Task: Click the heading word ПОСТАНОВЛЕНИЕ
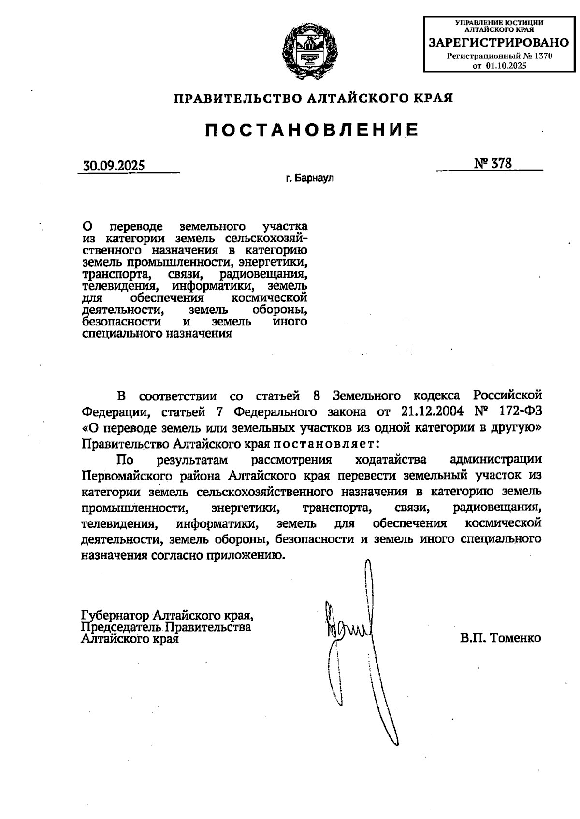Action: pyautogui.click(x=312, y=130)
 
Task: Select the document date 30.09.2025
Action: pyautogui.click(x=114, y=166)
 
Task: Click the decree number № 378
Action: pyautogui.click(x=493, y=163)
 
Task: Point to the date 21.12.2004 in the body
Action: pyautogui.click(x=433, y=411)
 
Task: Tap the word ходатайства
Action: pyautogui.click(x=391, y=459)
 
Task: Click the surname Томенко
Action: pyautogui.click(x=516, y=638)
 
